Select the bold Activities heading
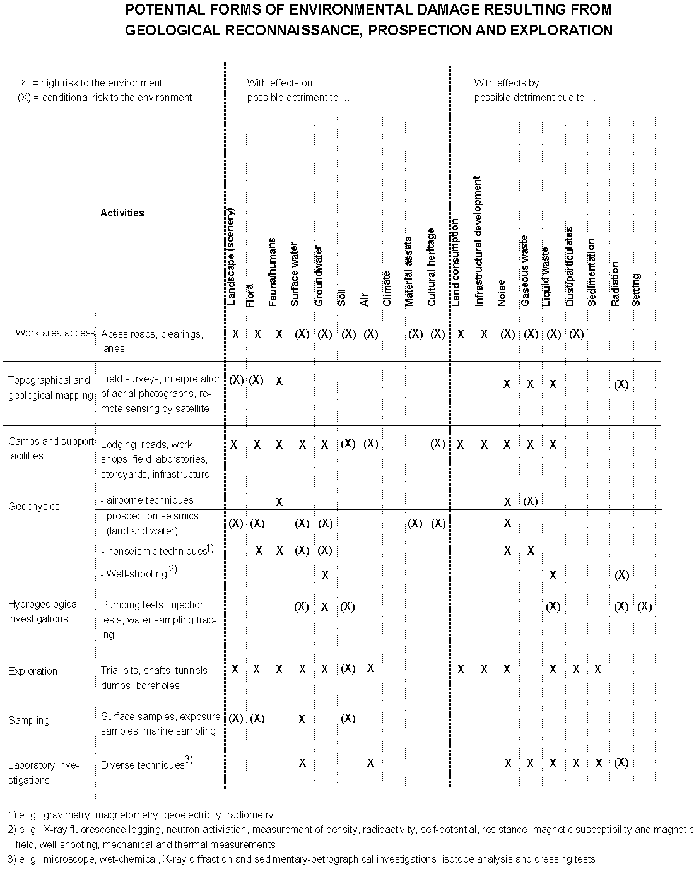coord(122,213)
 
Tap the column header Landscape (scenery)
coord(230,256)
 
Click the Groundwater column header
coord(319,276)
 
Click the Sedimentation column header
coord(592,273)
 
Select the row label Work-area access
coord(55,333)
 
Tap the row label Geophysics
coord(34,506)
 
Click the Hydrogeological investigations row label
coord(43,611)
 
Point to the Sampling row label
coord(29,720)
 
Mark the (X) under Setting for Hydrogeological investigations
coord(644,606)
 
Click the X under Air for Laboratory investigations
coord(370,762)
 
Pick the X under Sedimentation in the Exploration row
coord(598,669)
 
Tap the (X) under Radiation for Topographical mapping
coord(621,384)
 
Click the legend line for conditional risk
coord(105,97)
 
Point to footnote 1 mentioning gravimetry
coord(141,815)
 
